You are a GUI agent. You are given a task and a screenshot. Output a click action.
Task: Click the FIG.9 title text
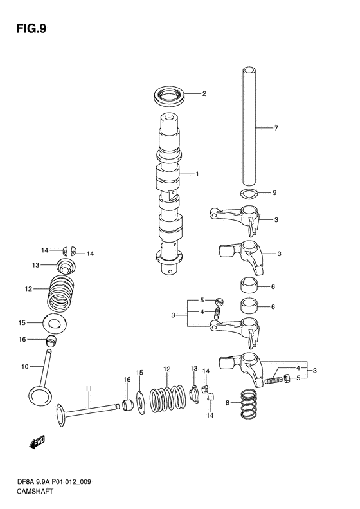pos(31,28)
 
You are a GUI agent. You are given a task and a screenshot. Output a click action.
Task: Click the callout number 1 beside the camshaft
pos(197,174)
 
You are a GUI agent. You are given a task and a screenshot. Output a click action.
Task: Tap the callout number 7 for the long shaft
pos(276,128)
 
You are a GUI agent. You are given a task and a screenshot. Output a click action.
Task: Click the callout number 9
pos(274,193)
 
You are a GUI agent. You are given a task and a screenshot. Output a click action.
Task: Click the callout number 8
pos(228,403)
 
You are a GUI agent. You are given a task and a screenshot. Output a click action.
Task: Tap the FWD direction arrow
pos(37,443)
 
